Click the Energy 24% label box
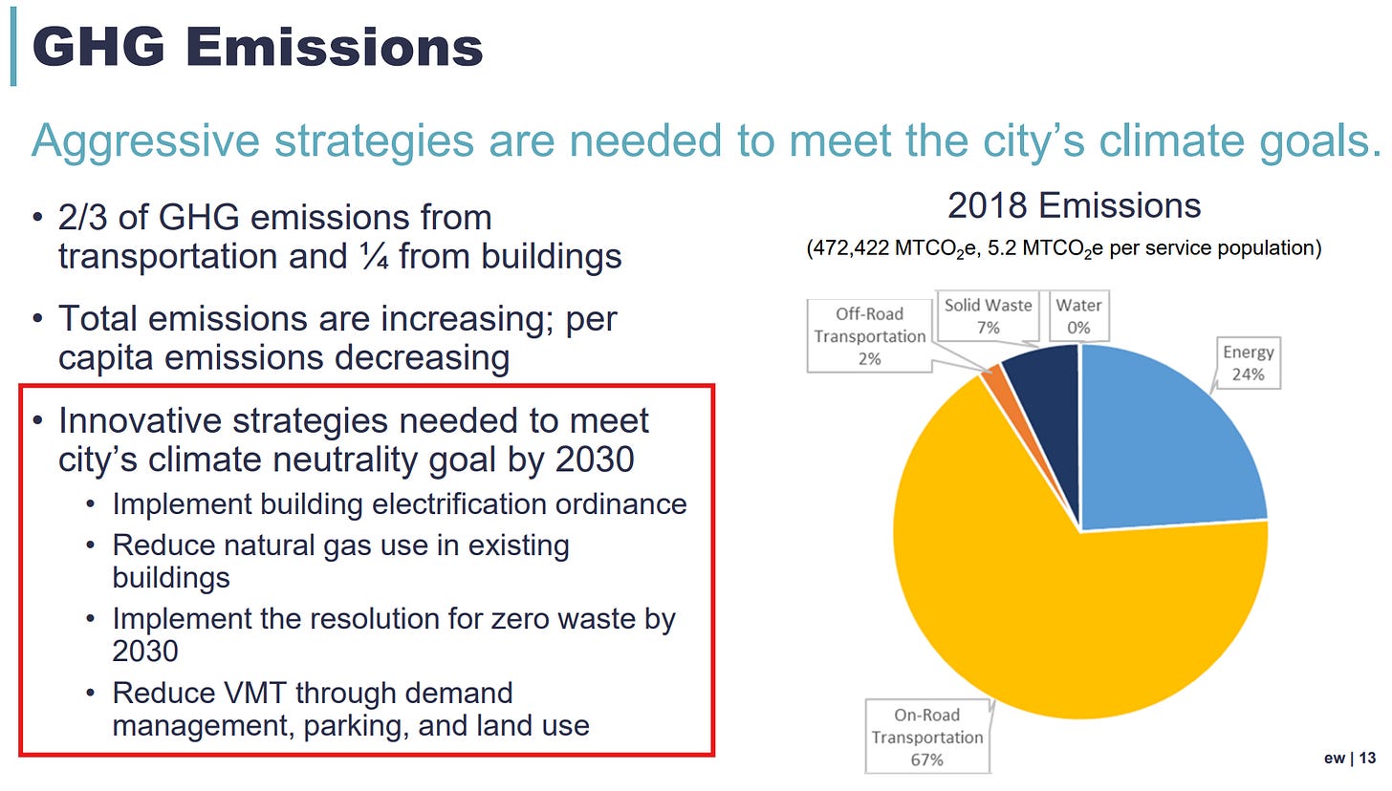[1249, 363]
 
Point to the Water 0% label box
[1078, 316]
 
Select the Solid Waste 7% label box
[989, 316]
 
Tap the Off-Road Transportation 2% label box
[870, 336]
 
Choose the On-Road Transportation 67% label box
[927, 737]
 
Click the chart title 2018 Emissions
[1074, 205]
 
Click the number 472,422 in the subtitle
[851, 248]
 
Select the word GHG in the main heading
[98, 47]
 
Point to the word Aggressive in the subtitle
[144, 141]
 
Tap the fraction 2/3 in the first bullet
[82, 218]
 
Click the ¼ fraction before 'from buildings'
[373, 256]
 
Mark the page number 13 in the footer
[1368, 758]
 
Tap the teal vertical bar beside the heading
[13, 47]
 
